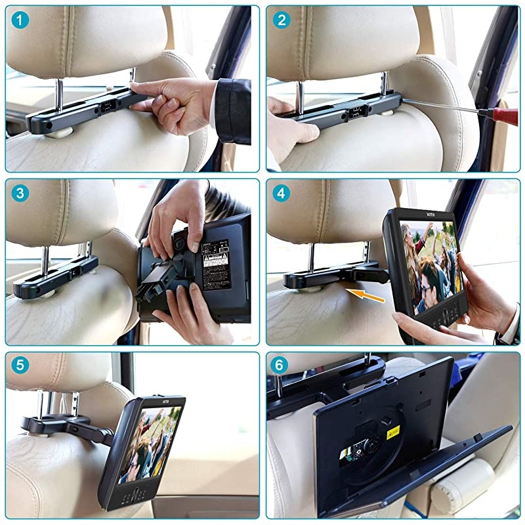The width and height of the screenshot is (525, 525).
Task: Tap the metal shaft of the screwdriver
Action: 440,105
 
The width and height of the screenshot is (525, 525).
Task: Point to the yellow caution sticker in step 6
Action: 393,431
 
